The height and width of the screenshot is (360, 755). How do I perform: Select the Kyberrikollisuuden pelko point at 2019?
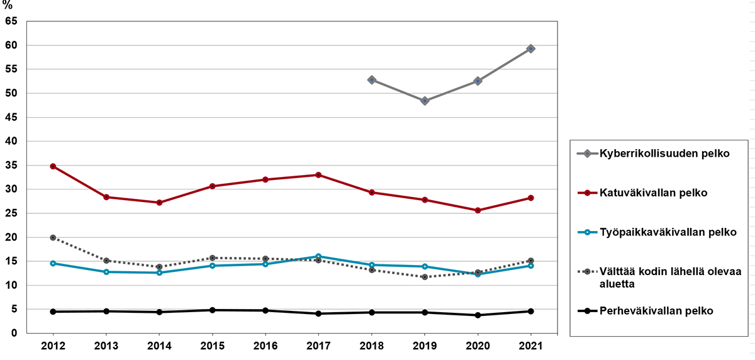[425, 101]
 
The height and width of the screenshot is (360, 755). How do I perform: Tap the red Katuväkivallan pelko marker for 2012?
[53, 166]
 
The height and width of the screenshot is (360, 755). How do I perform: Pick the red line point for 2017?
[318, 175]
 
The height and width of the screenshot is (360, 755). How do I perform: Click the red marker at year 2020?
[478, 210]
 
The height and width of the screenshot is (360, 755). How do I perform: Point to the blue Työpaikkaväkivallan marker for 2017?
[318, 256]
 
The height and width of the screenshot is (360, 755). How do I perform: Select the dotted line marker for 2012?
[53, 238]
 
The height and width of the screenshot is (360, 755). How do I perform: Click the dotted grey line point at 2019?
[425, 277]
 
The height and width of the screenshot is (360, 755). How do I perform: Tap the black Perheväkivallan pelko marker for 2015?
[212, 310]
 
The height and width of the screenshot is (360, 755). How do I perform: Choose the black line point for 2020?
[478, 315]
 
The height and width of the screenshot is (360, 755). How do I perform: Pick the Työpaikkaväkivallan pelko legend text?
[650, 232]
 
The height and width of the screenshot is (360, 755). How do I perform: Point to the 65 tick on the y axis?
[11, 21]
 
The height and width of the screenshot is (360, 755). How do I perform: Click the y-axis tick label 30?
[11, 189]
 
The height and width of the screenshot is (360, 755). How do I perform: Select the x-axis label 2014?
[159, 346]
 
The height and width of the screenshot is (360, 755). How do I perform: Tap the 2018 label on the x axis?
[371, 346]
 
